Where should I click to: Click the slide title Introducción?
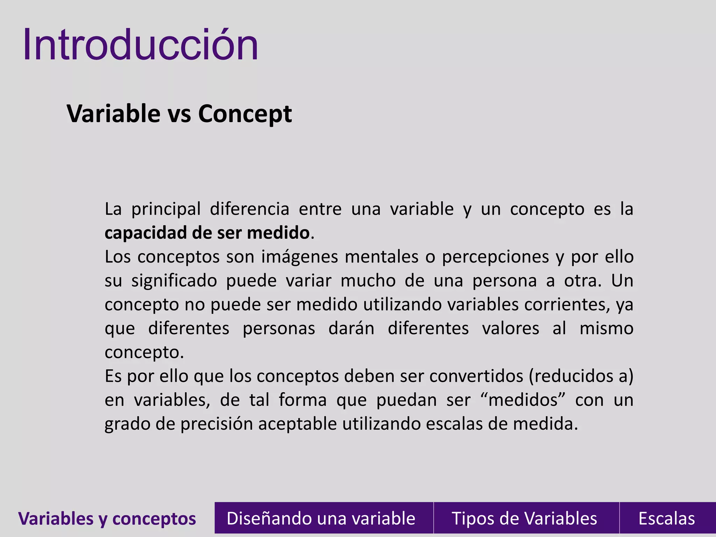point(141,45)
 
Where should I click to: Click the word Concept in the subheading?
point(245,114)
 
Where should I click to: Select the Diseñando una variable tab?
point(321,518)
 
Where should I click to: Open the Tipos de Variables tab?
point(524,518)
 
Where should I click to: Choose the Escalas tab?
point(666,518)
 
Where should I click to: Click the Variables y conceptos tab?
point(107,518)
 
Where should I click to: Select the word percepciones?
point(495,257)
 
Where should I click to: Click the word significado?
point(174,281)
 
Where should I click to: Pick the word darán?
point(351,329)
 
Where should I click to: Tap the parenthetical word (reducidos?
point(570,376)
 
